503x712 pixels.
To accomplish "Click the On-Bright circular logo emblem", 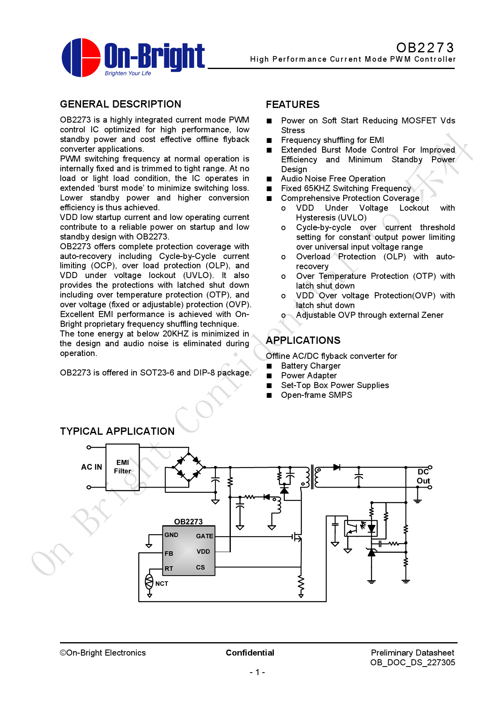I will pos(81,58).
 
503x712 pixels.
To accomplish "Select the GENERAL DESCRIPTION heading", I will pos(120,104).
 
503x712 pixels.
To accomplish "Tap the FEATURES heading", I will pos(292,105).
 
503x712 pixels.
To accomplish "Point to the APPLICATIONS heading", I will pos(303,341).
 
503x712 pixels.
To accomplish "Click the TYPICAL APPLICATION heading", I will pos(117,432).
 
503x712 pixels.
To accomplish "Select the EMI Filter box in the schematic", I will pos(123,467).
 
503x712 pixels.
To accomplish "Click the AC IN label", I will pos(92,467).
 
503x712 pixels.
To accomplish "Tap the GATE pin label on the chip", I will pos(204,536).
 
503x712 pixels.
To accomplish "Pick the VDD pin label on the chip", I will pos(203,552).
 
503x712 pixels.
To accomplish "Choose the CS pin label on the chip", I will pos(200,567).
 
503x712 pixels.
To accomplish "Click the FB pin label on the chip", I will pos(169,554).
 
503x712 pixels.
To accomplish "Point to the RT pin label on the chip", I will pos(169,569).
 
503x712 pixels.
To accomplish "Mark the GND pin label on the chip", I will pos(171,535).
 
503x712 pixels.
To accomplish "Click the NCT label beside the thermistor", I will pos(161,584).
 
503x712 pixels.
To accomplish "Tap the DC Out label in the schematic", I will pos(423,477).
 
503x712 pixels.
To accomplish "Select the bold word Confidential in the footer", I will pos(250,653).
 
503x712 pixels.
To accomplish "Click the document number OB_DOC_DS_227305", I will pos(413,662).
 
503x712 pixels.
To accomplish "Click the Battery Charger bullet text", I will pos(311,366).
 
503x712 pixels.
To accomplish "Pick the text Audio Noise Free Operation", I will pos(333,179).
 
